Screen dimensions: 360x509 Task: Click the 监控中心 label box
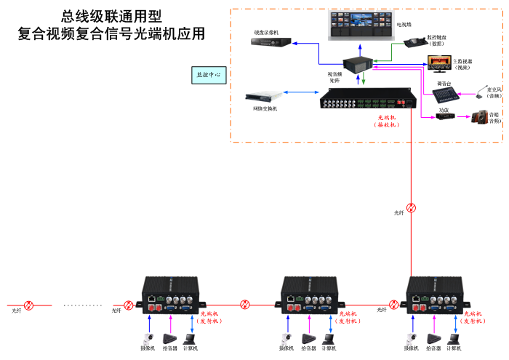click(x=209, y=74)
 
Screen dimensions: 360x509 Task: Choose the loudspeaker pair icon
click(x=480, y=116)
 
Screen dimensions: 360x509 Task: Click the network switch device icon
click(x=261, y=96)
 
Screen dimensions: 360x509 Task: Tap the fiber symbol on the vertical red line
click(x=411, y=208)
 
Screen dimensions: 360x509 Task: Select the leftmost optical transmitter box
click(x=170, y=295)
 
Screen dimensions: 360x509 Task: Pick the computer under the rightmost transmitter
click(x=456, y=338)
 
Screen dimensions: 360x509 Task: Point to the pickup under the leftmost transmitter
click(x=169, y=339)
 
